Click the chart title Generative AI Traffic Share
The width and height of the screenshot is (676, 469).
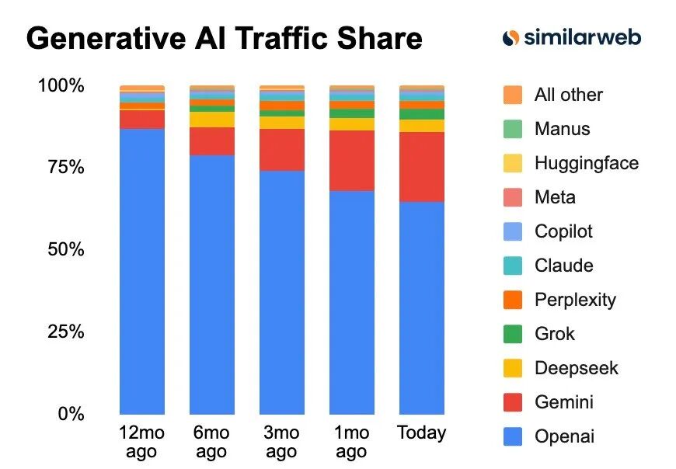point(224,39)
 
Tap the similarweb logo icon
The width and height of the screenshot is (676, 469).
point(510,37)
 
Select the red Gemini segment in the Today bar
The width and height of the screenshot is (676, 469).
point(422,167)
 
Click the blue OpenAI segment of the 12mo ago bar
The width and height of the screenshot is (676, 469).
point(142,272)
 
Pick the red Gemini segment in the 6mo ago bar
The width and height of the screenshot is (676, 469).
point(212,141)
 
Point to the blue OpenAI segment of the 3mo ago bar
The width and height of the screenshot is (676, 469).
point(282,292)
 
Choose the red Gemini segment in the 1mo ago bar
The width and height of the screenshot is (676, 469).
point(352,161)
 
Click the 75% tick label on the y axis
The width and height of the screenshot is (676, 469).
point(61,167)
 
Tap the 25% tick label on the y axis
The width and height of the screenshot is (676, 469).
point(61,332)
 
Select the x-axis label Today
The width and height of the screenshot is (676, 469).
point(422,433)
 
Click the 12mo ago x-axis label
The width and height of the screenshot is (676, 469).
point(141,442)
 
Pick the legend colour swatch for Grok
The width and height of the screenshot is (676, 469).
point(513,334)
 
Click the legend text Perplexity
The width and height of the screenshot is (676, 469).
point(575,300)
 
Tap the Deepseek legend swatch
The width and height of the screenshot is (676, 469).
point(513,368)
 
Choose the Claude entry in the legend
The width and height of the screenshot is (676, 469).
point(563,266)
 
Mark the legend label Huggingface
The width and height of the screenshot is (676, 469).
point(587,163)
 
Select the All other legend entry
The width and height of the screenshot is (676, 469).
point(568,95)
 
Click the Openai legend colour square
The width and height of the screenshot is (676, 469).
point(513,436)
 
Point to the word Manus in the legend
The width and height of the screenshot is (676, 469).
point(563,129)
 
